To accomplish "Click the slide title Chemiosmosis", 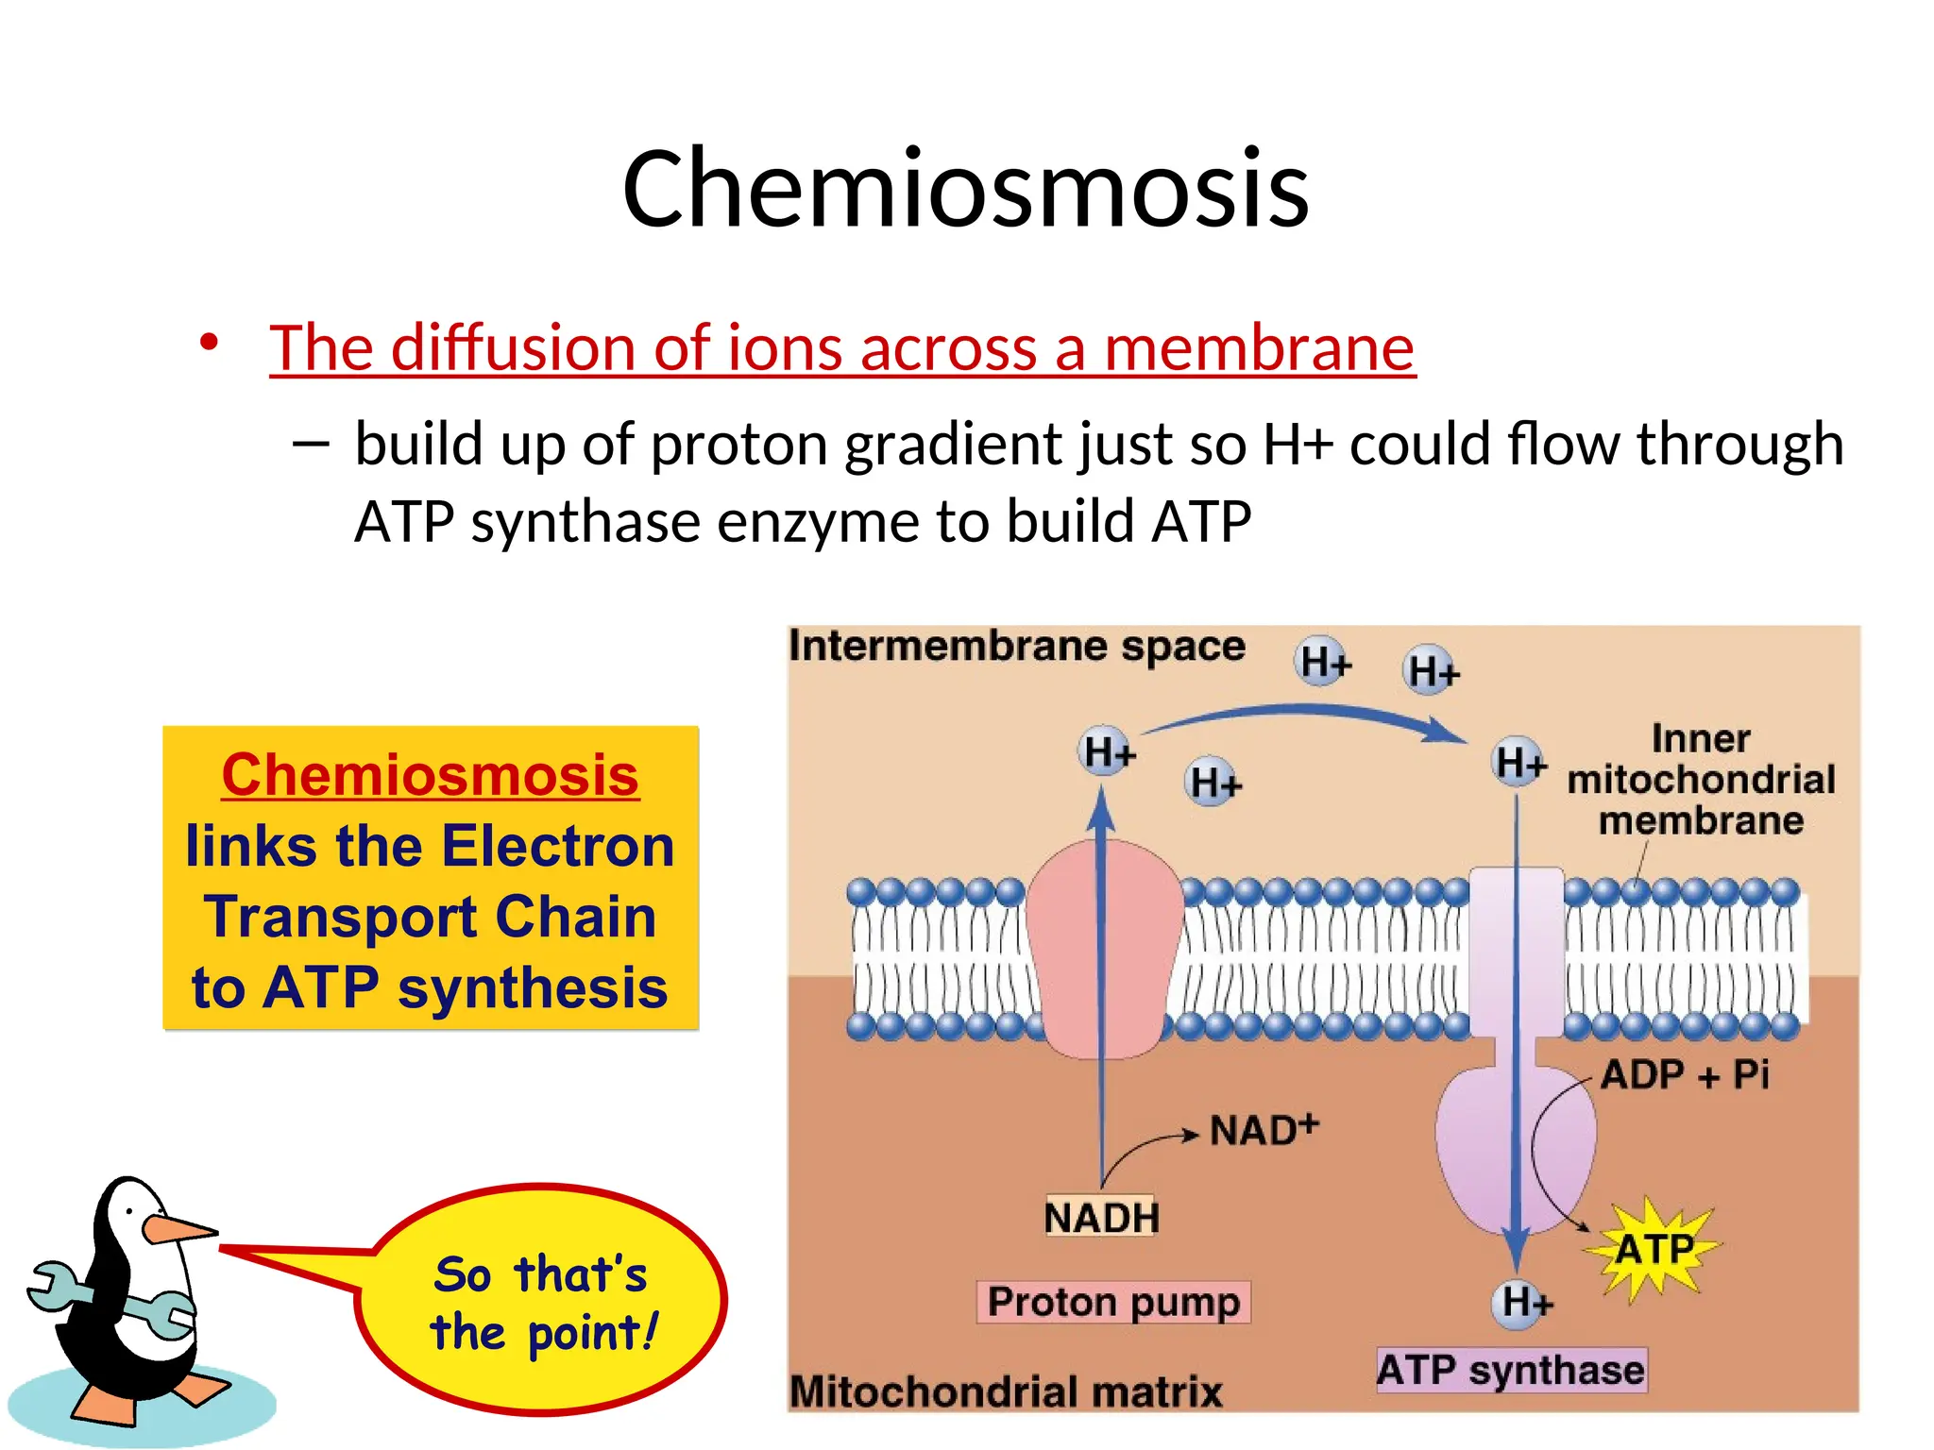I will (965, 189).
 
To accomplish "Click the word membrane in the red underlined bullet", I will (1259, 347).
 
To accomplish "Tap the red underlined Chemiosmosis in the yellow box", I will (430, 775).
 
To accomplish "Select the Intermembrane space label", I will (1016, 647).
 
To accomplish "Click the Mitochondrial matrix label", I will (1005, 1391).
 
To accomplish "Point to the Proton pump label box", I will (1112, 1303).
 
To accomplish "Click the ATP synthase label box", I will (1510, 1370).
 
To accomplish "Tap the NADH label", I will (1101, 1218).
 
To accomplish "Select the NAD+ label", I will (1264, 1129).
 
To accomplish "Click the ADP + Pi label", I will (1685, 1074).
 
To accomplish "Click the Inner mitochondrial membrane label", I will (1700, 780).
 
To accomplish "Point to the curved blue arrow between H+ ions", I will (1303, 716).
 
